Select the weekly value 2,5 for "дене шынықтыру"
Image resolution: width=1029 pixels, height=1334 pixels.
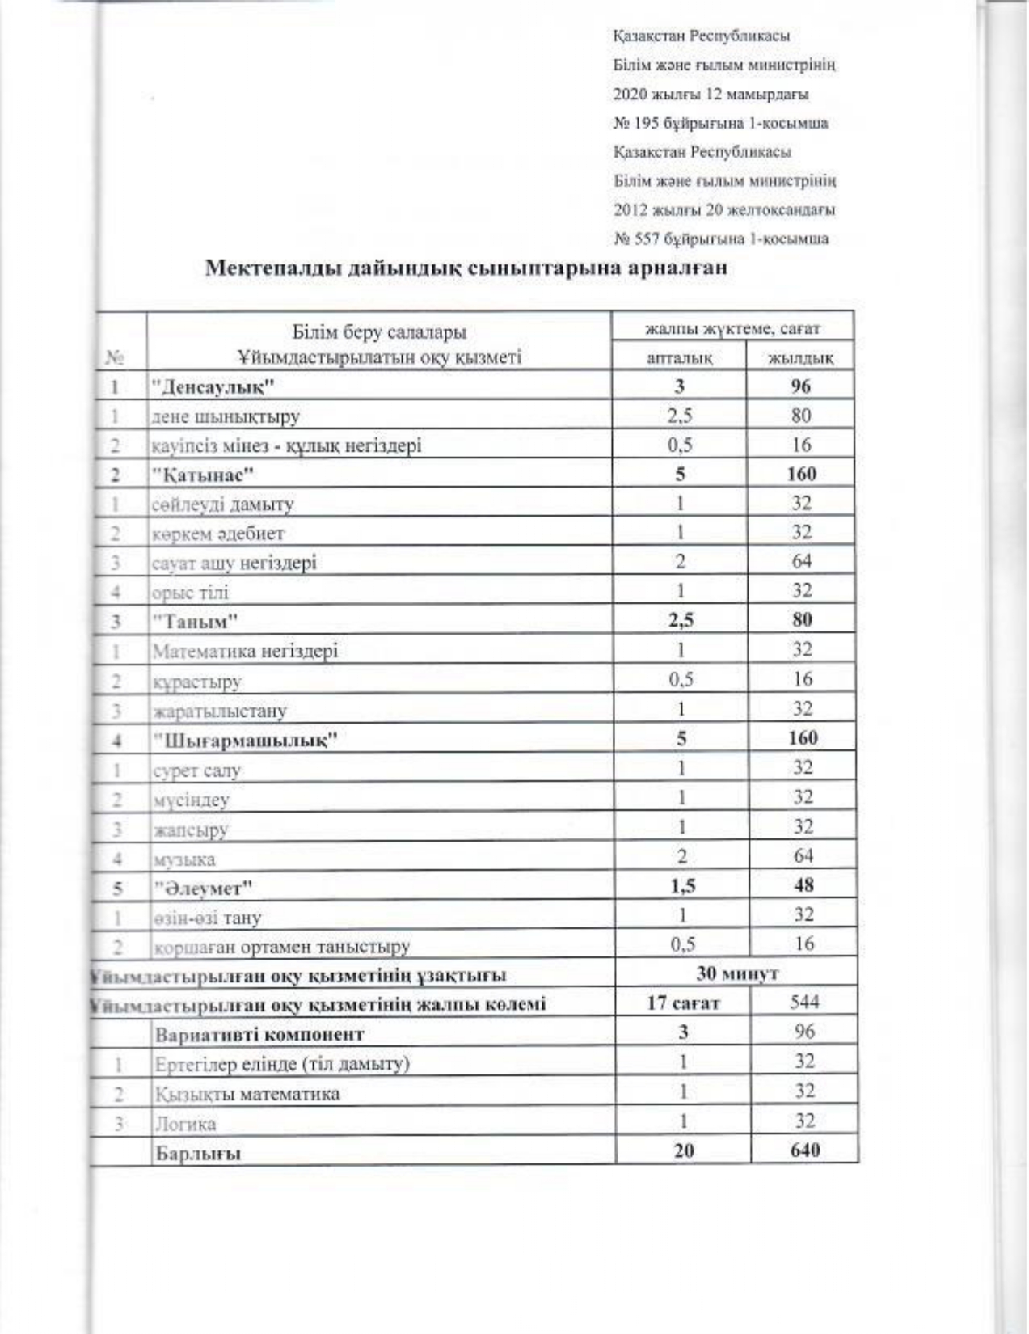[679, 416]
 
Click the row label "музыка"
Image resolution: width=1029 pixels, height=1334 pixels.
[184, 859]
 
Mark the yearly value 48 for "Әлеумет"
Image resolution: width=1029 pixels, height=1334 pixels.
[803, 885]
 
